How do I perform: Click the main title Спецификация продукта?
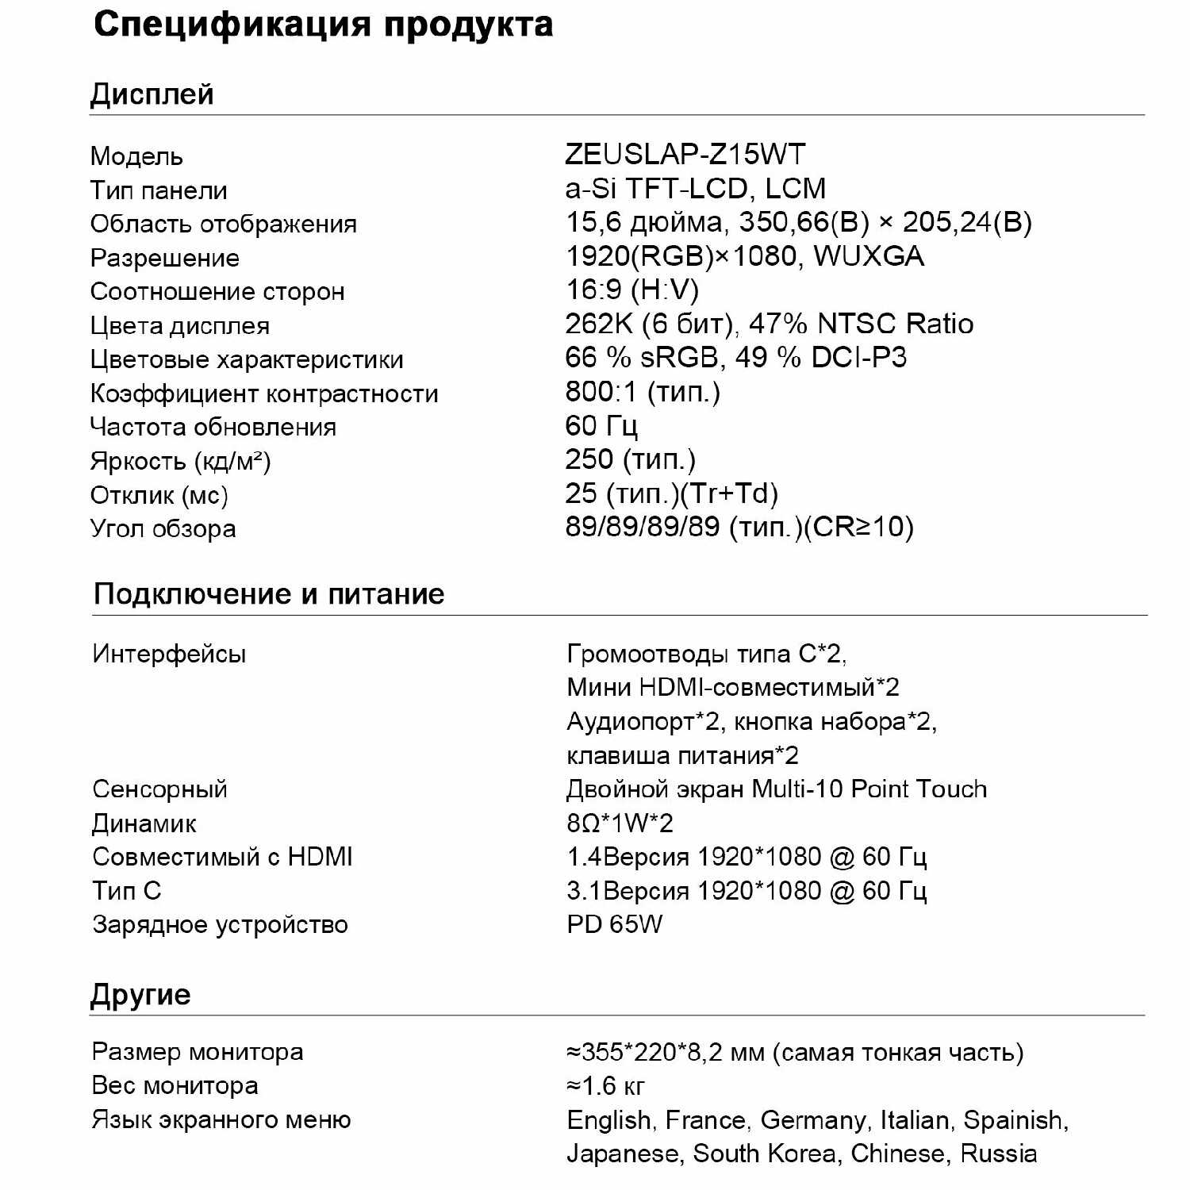[x=323, y=25]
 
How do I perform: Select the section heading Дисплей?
[x=152, y=94]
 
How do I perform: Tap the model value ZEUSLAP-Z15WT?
[x=685, y=154]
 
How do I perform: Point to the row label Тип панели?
[x=159, y=190]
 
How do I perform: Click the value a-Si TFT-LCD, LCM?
[x=695, y=189]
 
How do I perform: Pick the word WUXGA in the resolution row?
[x=869, y=256]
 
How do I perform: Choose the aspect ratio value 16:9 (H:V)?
[x=631, y=290]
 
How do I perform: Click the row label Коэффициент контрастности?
[x=263, y=393]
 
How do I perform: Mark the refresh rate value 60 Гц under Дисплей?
[x=601, y=426]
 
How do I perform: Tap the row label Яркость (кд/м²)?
[x=180, y=461]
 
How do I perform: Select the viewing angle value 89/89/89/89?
[x=643, y=527]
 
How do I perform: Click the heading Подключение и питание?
[x=268, y=594]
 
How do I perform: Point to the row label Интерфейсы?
[x=169, y=654]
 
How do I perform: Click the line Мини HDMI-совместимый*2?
[x=732, y=687]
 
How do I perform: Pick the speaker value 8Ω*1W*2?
[x=619, y=823]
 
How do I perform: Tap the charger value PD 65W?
[x=614, y=924]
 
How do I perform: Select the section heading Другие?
[x=140, y=995]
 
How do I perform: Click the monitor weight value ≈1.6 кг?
[x=605, y=1085]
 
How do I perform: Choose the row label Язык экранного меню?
[x=221, y=1119]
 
